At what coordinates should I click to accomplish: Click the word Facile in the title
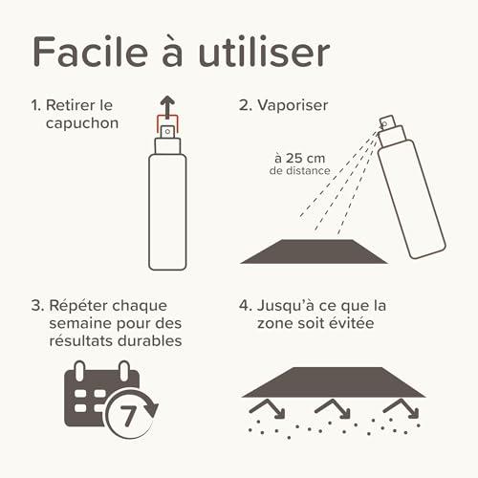click(91, 52)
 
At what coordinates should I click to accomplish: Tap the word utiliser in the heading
click(264, 52)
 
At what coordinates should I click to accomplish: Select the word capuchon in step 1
click(82, 123)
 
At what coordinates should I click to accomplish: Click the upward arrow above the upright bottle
click(167, 107)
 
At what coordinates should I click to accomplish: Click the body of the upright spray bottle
click(167, 212)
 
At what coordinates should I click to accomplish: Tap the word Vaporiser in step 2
click(293, 105)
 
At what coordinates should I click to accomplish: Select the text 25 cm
click(305, 158)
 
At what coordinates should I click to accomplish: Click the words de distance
click(299, 171)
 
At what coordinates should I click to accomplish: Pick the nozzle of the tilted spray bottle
click(387, 122)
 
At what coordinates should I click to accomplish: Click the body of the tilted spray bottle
click(412, 199)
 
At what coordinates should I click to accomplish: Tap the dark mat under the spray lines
click(314, 251)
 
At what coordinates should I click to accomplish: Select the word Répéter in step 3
click(76, 306)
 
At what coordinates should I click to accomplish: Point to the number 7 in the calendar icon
click(128, 416)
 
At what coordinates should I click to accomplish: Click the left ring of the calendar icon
click(79, 370)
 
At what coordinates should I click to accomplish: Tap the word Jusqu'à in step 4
click(285, 306)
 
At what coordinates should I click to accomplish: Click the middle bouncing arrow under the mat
click(333, 408)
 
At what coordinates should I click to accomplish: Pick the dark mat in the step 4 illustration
click(334, 382)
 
